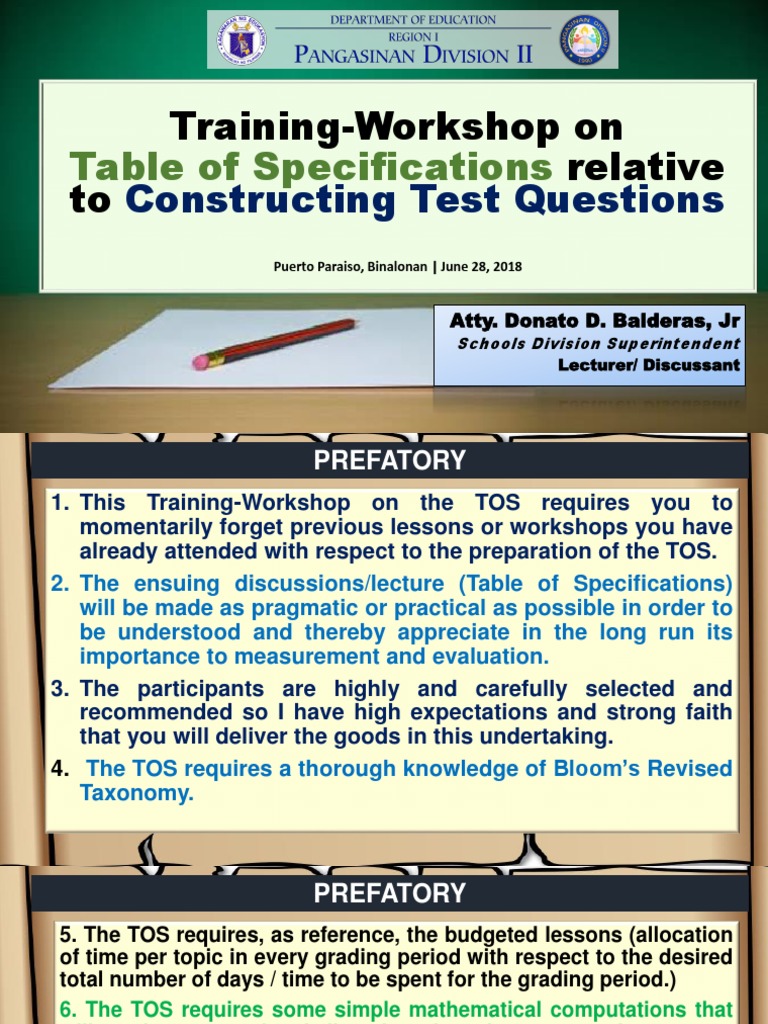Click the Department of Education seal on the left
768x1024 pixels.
tap(241, 40)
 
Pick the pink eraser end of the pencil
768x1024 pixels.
tap(200, 360)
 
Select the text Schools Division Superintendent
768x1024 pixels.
tap(599, 344)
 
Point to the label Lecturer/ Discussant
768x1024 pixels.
tap(649, 365)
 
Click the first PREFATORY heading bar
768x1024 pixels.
tap(389, 461)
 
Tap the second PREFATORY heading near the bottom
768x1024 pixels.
tap(389, 893)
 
